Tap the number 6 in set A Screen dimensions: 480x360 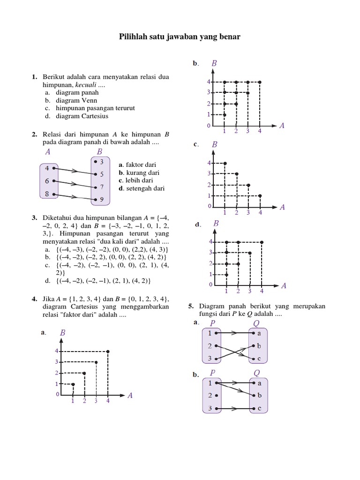coord(47,181)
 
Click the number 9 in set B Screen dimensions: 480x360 coord(101,200)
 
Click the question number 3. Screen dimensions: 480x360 coord(35,218)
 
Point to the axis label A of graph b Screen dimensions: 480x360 coord(282,126)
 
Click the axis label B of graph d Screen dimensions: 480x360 coord(216,224)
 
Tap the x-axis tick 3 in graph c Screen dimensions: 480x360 coord(248,213)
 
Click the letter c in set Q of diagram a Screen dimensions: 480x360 coord(259,359)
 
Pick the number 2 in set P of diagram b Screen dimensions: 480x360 coord(210,396)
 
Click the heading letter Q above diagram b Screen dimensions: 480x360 coord(256,373)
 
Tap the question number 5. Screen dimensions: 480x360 coord(191,306)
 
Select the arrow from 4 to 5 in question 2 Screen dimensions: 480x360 coord(75,171)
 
